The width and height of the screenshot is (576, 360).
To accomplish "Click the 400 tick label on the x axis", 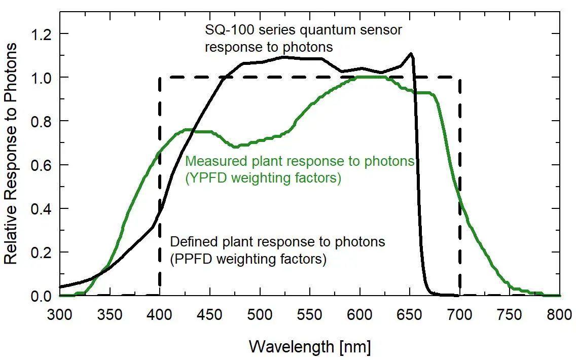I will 160,315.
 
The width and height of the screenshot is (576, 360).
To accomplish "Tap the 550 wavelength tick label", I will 310,315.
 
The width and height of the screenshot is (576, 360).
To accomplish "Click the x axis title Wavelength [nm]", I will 310,347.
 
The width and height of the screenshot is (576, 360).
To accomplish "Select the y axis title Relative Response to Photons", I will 11,153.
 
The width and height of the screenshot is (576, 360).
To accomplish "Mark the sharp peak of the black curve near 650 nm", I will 411,53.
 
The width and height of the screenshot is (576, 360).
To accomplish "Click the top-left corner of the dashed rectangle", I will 160,78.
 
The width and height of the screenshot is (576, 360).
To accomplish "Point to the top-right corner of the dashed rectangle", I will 459,78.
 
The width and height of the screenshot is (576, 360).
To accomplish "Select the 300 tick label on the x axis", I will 60,315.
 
